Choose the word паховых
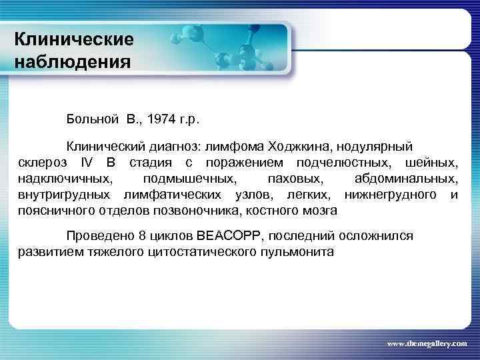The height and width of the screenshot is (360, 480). (x=294, y=179)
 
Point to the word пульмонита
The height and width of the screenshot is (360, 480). (x=296, y=253)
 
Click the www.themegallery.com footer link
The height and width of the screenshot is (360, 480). (x=427, y=343)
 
